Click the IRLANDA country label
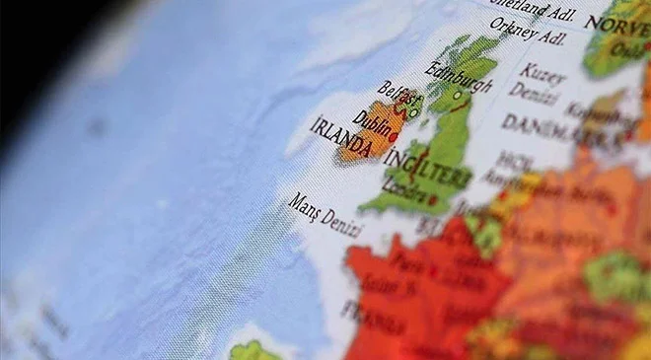coord(340,139)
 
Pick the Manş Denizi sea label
coord(325,214)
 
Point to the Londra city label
coord(404,187)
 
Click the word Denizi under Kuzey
coord(535,95)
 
